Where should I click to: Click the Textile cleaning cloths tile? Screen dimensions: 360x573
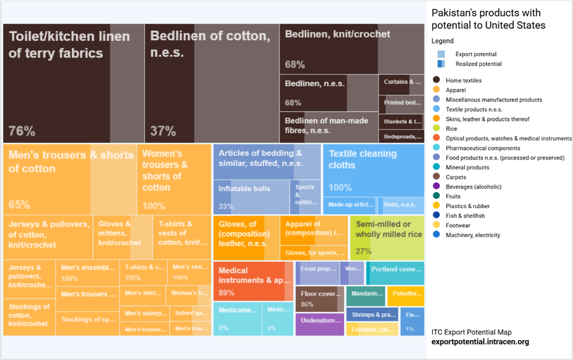click(x=373, y=169)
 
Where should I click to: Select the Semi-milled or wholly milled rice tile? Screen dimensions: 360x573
click(x=386, y=237)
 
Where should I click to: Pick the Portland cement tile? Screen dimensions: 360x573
click(x=395, y=272)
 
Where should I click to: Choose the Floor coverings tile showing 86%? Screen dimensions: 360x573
click(x=319, y=299)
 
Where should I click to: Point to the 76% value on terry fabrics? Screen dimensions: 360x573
click(x=22, y=131)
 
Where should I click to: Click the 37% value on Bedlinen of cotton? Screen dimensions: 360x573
click(x=163, y=131)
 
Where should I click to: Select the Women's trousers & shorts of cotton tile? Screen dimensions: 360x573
click(x=174, y=179)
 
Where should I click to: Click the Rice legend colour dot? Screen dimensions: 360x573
click(x=436, y=129)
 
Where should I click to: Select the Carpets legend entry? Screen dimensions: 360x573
click(x=456, y=177)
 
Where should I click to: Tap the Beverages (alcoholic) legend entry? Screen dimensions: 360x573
click(x=473, y=187)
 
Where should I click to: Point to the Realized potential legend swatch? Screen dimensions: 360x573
click(x=441, y=64)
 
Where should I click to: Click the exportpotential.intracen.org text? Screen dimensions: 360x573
click(x=480, y=342)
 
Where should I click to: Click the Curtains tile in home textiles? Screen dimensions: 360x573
click(x=401, y=82)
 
